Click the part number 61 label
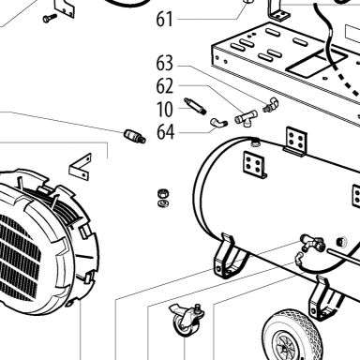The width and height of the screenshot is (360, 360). pos(164,20)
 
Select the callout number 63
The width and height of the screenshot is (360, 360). pos(164,64)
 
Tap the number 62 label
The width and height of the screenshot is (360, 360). pos(164,86)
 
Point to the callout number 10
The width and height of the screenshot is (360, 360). pos(164,110)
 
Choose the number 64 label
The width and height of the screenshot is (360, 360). pos(165,132)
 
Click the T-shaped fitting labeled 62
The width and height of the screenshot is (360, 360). pos(247,119)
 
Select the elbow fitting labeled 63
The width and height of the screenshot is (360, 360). pos(270,105)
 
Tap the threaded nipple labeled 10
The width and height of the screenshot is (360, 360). pos(195,106)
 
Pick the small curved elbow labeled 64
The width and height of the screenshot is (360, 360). pos(218,123)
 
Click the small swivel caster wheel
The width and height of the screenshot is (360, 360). pos(187,321)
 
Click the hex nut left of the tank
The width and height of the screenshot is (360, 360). pos(163,194)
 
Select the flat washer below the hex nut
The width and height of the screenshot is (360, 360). pos(163,203)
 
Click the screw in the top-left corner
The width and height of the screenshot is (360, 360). pos(50,18)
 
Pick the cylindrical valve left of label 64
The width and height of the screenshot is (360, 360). pos(135,136)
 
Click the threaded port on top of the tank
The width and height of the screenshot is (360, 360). pos(256,142)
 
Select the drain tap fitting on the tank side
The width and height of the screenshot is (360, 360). pos(311,243)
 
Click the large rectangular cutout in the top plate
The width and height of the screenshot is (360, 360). pos(316,64)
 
